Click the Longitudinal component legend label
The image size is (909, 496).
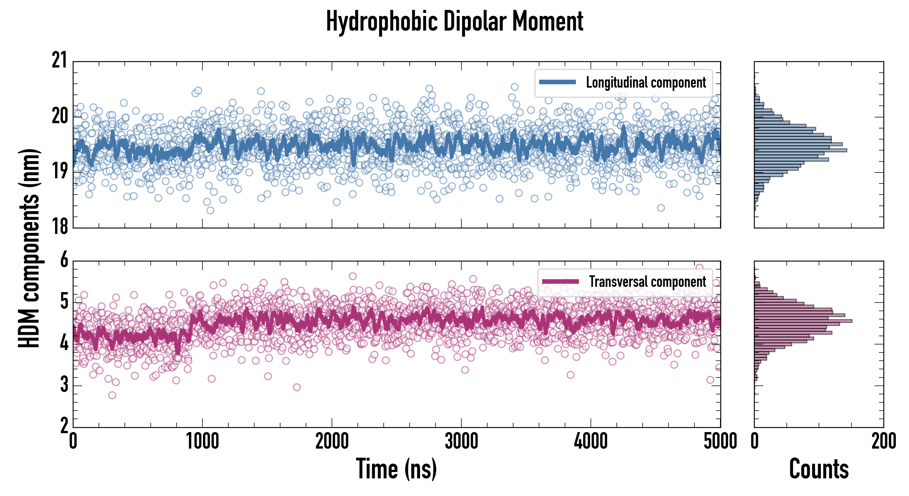click(646, 83)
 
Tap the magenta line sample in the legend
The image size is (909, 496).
click(560, 281)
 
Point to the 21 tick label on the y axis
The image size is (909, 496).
click(59, 60)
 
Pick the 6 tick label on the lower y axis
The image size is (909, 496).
click(64, 260)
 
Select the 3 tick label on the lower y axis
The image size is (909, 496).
click(64, 384)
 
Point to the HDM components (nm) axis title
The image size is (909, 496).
click(29, 247)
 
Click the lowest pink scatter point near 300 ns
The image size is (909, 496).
click(112, 395)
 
